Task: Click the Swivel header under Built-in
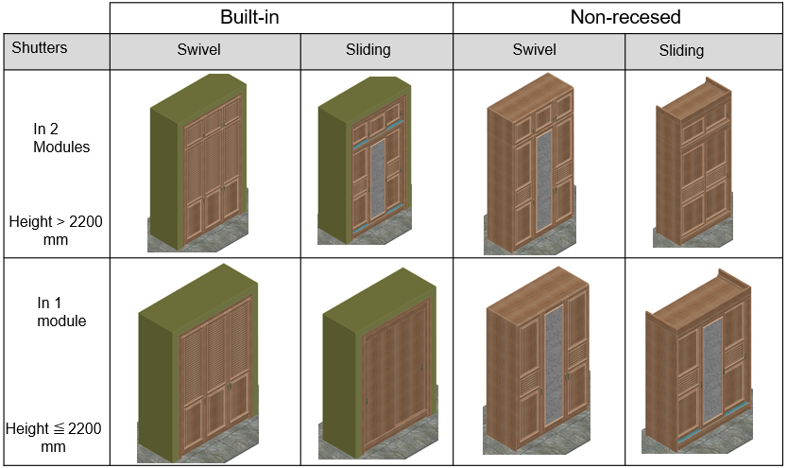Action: pos(198,50)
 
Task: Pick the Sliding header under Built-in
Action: pos(368,50)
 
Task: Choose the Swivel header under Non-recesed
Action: pos(534,50)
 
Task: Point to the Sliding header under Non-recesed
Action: pos(681,51)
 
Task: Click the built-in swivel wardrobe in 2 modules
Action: pos(198,165)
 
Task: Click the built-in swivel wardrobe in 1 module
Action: pos(200,364)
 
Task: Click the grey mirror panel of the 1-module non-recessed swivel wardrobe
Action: pos(556,364)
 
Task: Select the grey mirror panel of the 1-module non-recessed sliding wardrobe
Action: pos(712,369)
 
